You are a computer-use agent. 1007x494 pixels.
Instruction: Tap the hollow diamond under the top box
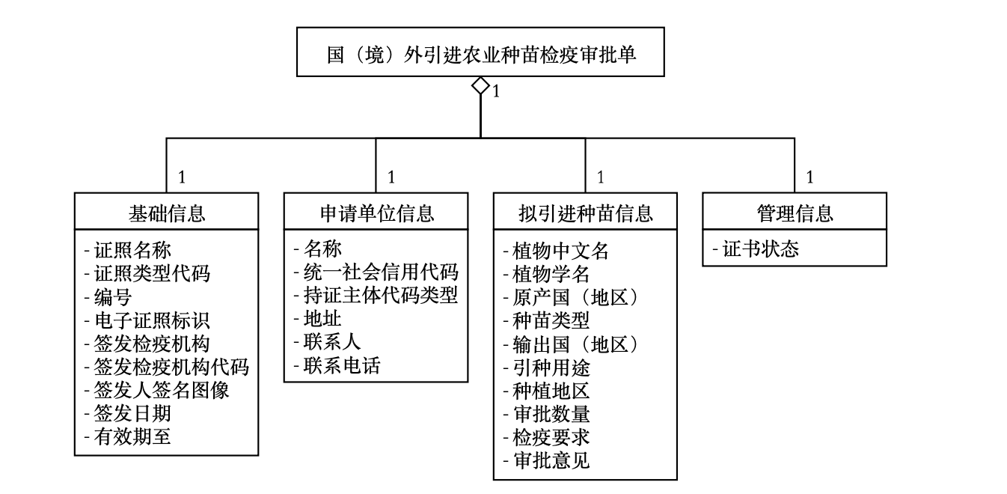(x=480, y=85)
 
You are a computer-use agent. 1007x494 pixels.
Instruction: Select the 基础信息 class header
(x=167, y=214)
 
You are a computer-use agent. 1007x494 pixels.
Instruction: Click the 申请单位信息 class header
(x=376, y=214)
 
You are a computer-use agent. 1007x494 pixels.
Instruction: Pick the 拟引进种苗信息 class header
(x=585, y=214)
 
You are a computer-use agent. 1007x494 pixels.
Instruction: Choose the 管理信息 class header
(x=795, y=214)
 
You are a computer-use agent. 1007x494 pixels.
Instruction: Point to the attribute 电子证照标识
(x=147, y=320)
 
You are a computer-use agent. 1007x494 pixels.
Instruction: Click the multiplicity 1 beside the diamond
(x=496, y=93)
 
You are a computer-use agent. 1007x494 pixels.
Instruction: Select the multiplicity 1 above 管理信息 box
(x=809, y=177)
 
